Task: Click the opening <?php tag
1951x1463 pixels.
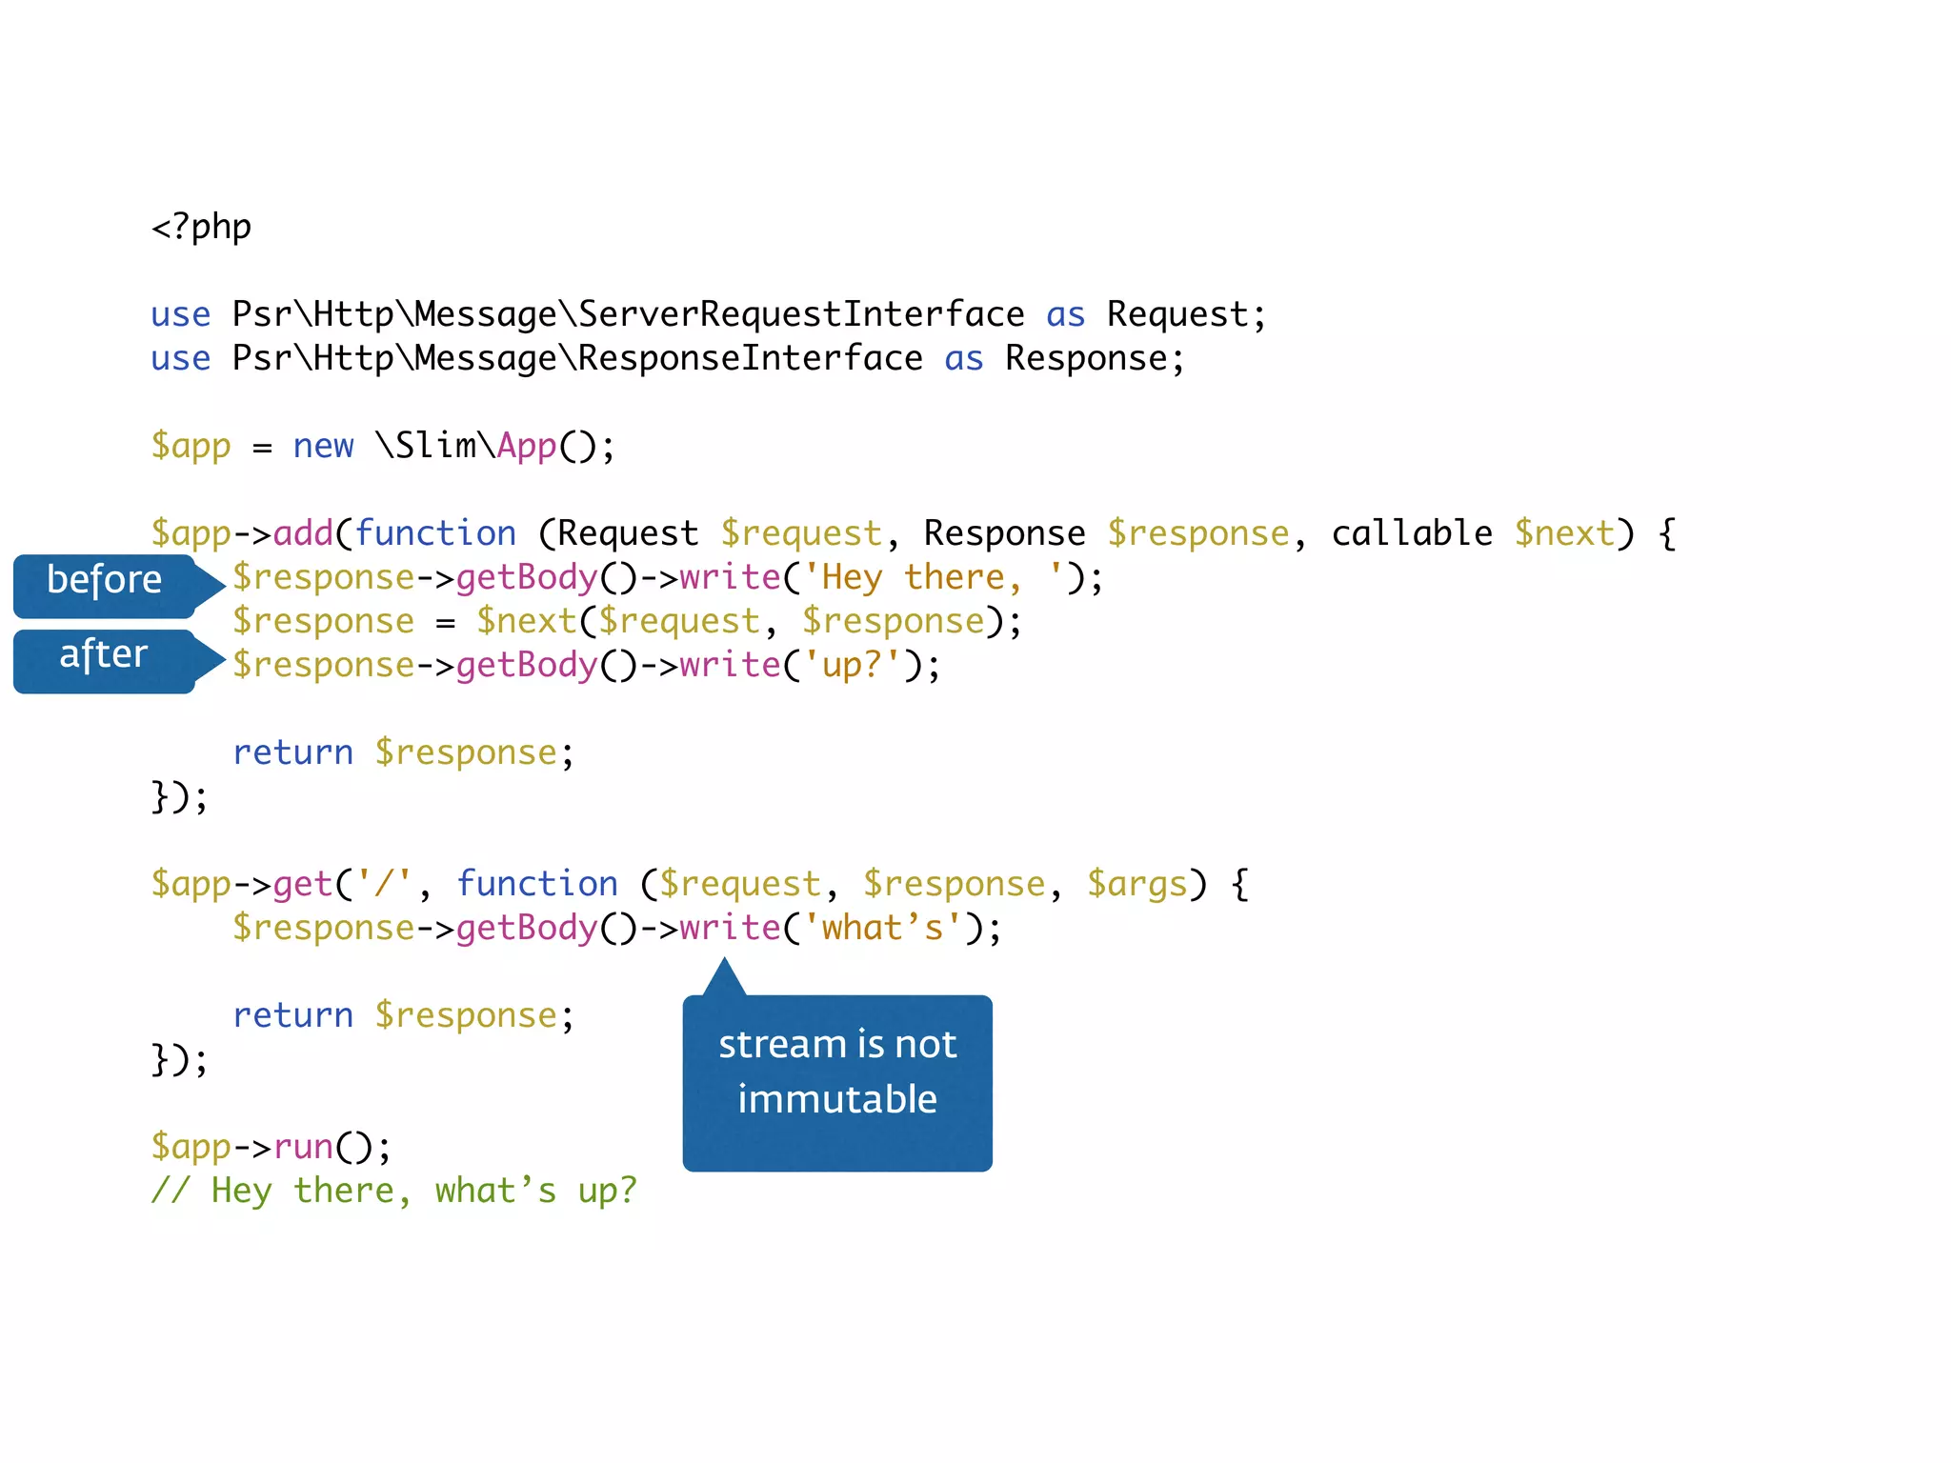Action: pos(201,228)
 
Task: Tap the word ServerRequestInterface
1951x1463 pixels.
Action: pos(801,314)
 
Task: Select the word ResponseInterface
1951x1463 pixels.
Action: pos(750,358)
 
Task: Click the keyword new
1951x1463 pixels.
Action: pos(323,446)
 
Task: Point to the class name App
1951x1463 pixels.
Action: pos(526,446)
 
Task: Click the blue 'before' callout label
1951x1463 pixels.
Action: pos(105,581)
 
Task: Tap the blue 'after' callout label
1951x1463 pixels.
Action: pos(103,655)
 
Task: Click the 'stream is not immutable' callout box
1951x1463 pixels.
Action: pos(837,1073)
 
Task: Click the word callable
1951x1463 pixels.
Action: pos(1411,533)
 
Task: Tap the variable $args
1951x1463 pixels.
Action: pos(1137,884)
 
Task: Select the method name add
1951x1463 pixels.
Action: pos(303,533)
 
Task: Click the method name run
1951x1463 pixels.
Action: pos(303,1147)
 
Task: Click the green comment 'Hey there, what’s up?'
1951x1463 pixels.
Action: pos(393,1191)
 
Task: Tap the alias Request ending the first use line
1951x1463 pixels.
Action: pos(1177,314)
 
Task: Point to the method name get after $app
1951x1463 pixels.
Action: pos(303,884)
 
